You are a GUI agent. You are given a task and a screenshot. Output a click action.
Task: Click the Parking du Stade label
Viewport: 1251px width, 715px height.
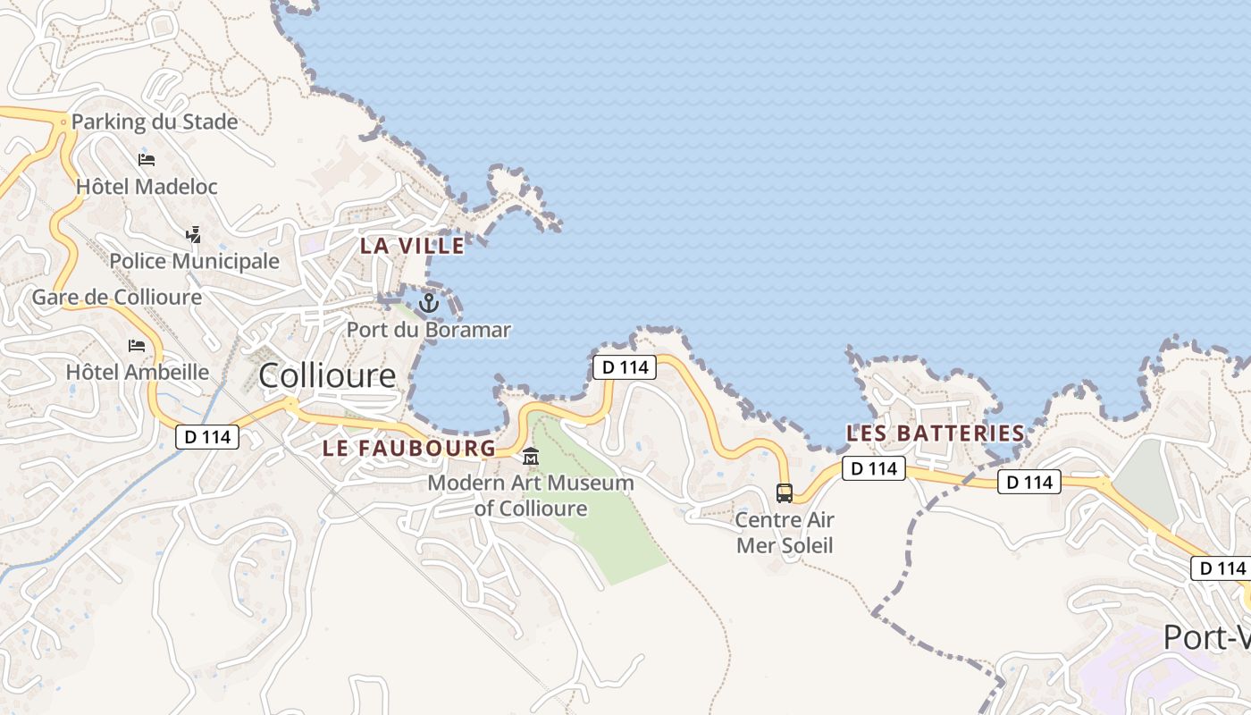[x=155, y=122]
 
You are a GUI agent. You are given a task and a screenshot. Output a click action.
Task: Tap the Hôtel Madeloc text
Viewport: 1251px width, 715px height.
[x=147, y=187]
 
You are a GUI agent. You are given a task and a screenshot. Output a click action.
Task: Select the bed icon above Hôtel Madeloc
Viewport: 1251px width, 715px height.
[x=147, y=160]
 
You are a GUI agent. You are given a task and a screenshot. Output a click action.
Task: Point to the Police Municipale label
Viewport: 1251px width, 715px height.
[x=194, y=261]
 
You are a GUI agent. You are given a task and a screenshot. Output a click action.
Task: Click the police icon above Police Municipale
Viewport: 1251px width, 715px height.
[x=193, y=235]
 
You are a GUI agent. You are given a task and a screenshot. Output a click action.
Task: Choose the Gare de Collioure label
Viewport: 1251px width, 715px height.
[x=117, y=297]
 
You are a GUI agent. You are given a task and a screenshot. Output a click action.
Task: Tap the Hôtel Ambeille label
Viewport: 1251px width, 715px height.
[x=138, y=372]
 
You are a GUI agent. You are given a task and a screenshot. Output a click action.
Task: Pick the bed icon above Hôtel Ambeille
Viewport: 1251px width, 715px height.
[x=137, y=345]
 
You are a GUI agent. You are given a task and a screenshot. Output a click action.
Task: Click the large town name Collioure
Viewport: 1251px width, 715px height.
[x=327, y=375]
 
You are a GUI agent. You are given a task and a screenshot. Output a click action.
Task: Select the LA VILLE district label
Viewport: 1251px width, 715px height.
[x=412, y=246]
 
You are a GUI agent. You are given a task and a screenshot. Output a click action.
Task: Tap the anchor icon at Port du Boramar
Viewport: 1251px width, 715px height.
[x=429, y=304]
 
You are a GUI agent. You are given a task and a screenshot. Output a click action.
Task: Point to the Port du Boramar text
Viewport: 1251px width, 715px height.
[x=429, y=330]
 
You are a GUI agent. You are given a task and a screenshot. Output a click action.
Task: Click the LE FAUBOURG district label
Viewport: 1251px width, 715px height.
[x=408, y=449]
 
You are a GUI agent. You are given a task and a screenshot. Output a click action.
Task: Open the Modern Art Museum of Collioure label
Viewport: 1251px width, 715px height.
[x=531, y=496]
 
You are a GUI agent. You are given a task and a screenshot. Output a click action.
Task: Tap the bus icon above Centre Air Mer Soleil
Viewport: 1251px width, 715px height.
[x=785, y=492]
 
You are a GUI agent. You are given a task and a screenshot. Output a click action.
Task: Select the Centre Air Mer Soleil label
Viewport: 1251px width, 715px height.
[x=785, y=532]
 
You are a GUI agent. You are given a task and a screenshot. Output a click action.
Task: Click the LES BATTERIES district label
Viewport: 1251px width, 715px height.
[x=935, y=433]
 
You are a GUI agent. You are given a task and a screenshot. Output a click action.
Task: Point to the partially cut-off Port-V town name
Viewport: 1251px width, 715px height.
[x=1206, y=637]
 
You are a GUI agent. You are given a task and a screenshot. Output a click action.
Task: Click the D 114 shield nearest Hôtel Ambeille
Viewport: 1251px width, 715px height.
[x=207, y=437]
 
